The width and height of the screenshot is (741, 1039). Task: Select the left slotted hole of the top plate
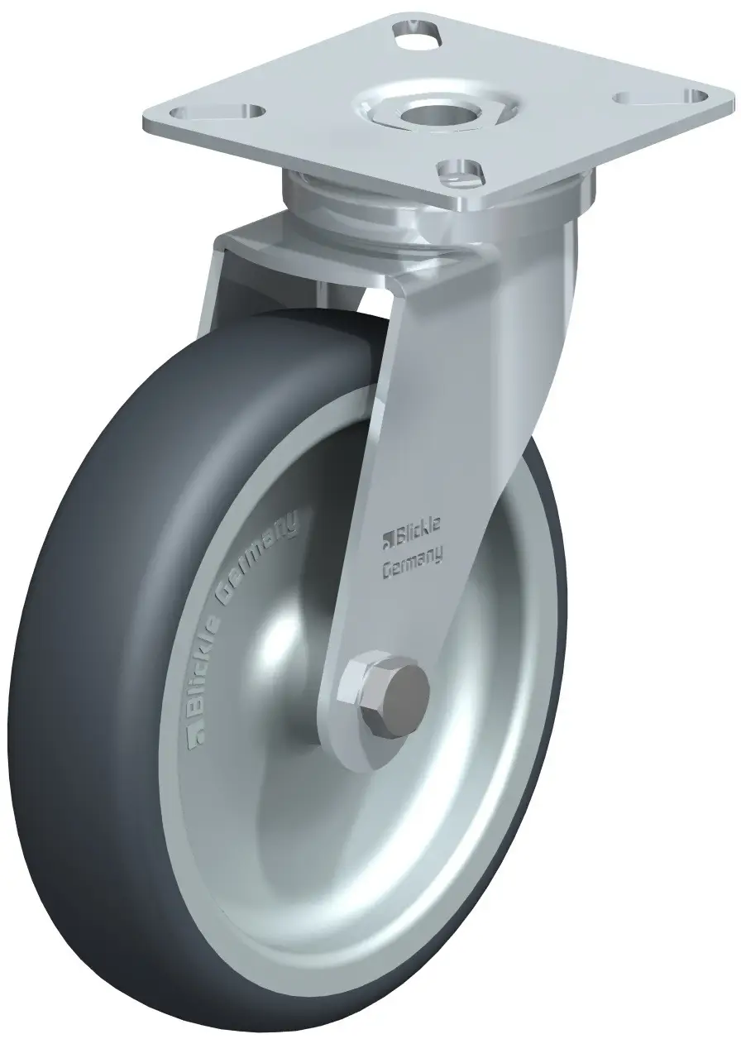(217, 112)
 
